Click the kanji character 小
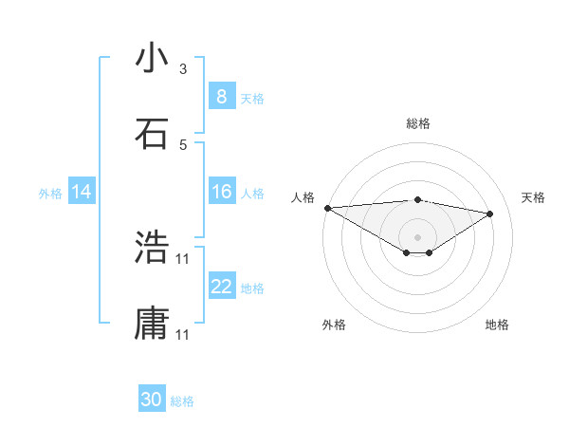152,58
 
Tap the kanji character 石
152,134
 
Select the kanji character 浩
152,249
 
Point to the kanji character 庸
152,324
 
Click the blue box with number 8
221,97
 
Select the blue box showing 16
221,192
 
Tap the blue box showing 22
221,287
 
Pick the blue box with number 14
82,192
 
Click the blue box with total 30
152,400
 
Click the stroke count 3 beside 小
183,69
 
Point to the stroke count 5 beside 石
183,145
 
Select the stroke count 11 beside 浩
183,258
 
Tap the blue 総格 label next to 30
183,401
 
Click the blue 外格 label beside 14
50,193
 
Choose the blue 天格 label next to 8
252,98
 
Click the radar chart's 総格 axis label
418,123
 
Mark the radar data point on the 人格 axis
327,208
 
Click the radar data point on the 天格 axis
490,214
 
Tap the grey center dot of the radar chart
418,237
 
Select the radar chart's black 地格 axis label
497,325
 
